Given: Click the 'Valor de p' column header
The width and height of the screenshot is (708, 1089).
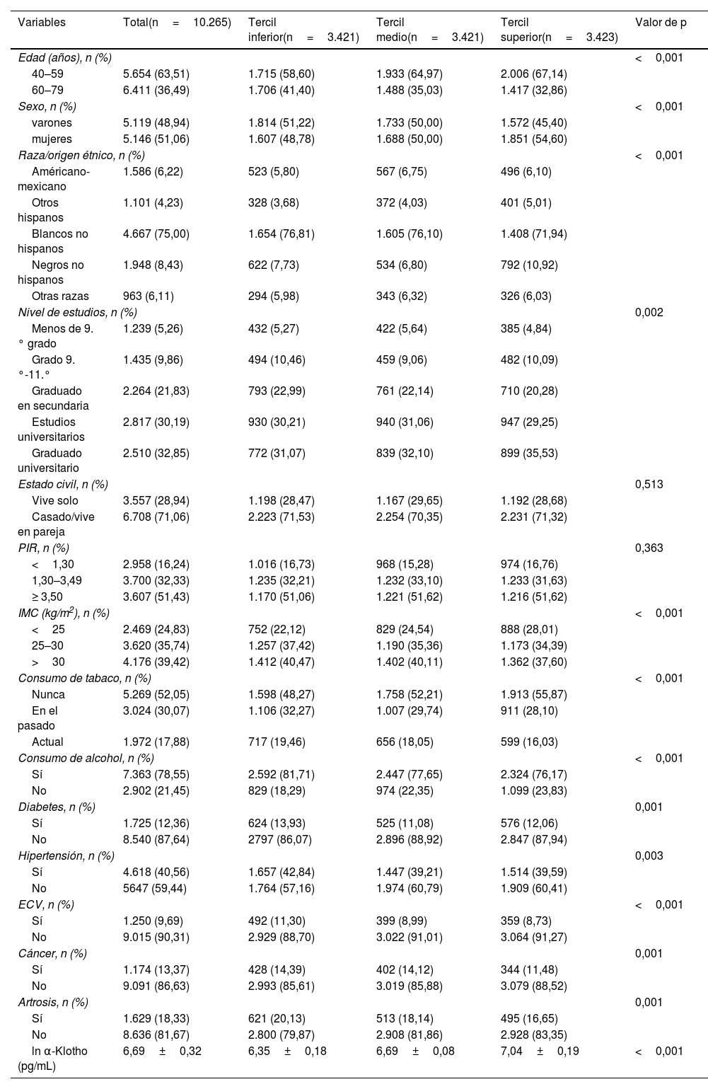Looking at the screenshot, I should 661,23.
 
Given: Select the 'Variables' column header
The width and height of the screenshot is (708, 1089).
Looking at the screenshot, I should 42,23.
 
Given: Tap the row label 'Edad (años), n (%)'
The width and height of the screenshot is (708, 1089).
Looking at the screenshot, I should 65,57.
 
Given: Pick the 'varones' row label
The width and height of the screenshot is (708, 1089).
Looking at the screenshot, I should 52,122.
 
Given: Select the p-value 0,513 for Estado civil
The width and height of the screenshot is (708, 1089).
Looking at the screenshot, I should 649,484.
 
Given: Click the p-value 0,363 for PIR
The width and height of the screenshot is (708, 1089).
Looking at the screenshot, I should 649,548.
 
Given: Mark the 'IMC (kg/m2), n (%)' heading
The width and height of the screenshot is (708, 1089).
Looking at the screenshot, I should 64,613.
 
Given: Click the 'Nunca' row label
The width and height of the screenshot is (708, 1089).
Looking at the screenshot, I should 48,694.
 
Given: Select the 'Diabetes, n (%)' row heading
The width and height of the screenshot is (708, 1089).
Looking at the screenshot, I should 57,807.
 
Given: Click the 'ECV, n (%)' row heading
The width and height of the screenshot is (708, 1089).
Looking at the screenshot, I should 46,904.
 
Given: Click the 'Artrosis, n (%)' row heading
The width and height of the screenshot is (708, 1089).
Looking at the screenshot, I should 53,1002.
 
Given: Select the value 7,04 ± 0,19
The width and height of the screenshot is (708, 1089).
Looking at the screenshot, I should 540,1051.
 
